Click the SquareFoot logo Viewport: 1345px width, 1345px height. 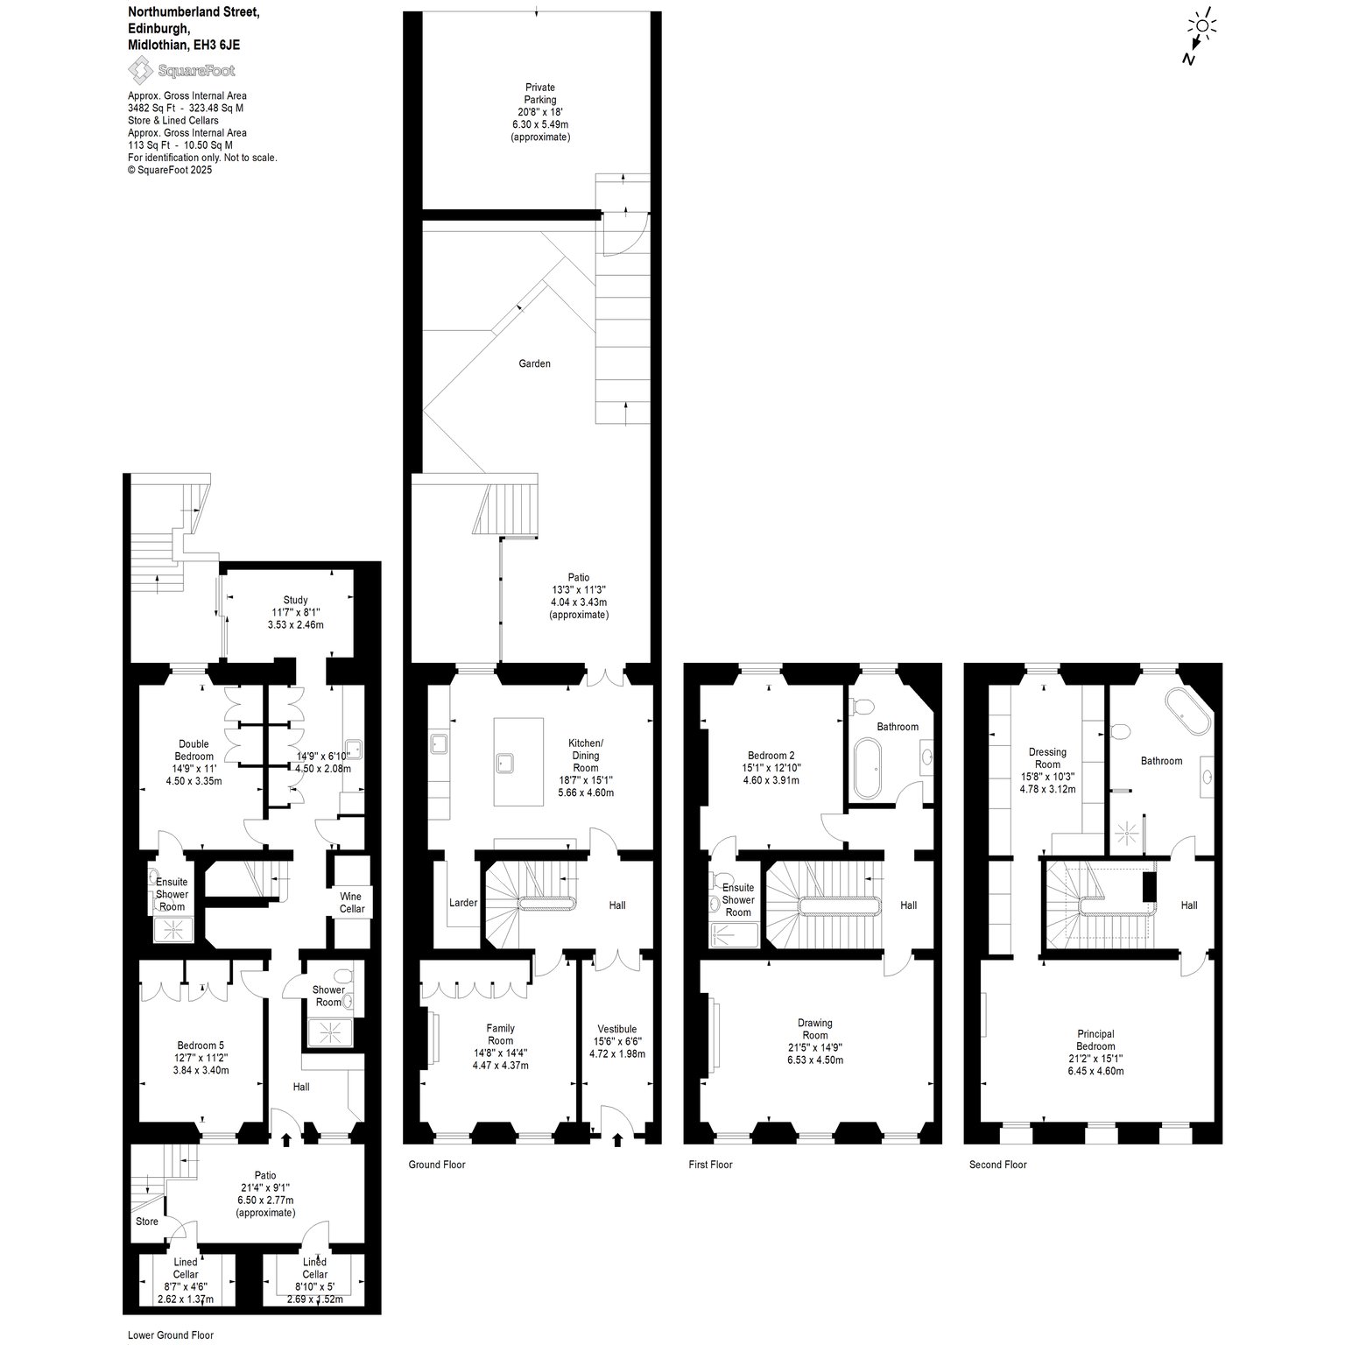tap(182, 70)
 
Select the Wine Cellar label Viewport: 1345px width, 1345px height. tap(352, 903)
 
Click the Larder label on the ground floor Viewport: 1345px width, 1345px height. tap(463, 902)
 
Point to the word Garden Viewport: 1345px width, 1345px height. tap(534, 363)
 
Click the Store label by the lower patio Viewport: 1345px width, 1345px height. tap(147, 1221)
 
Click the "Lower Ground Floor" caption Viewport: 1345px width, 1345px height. tap(170, 1335)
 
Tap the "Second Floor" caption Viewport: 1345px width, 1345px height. tap(997, 1165)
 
